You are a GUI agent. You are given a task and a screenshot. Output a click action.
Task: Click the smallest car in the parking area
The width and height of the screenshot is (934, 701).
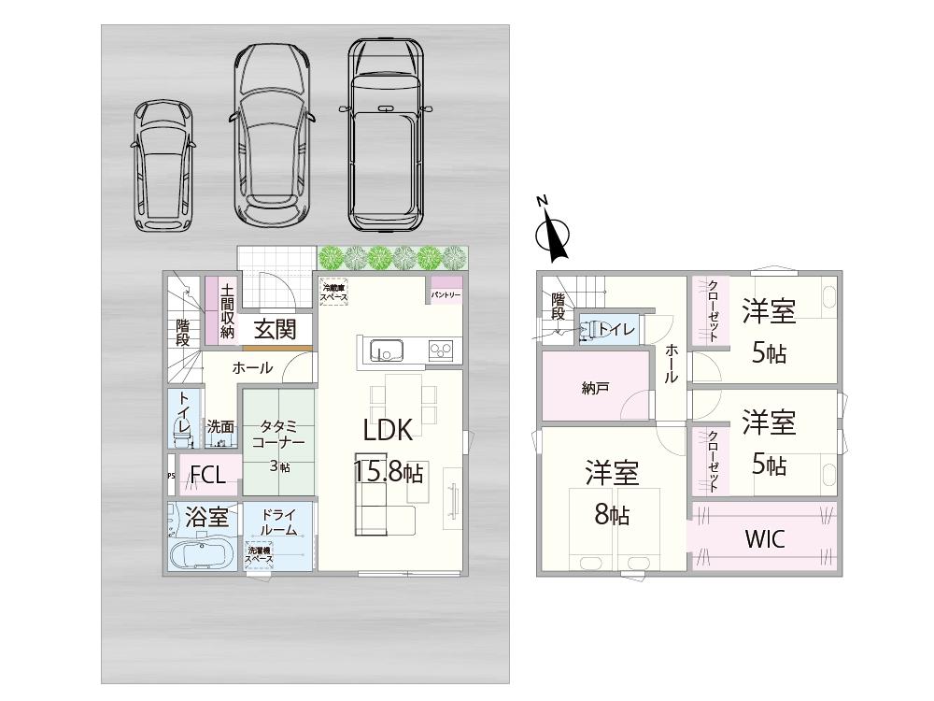(163, 165)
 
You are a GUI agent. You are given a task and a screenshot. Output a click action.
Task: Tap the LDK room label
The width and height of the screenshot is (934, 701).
(388, 430)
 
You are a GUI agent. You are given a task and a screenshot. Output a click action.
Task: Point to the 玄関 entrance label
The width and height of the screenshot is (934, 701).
(275, 329)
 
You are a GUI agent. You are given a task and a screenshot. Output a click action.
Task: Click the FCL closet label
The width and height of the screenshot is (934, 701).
(207, 475)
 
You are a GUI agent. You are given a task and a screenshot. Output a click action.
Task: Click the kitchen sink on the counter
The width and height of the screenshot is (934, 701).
(386, 350)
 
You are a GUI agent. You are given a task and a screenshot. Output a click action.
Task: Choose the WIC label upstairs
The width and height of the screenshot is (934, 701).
(764, 539)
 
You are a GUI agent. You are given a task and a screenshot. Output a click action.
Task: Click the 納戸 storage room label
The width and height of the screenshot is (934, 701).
(595, 387)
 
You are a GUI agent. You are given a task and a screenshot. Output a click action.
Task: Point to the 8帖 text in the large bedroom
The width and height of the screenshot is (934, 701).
(612, 515)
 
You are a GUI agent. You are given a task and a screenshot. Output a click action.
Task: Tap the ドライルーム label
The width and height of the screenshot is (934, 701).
(279, 522)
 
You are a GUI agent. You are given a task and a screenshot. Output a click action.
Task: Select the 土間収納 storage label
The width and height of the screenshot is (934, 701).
(227, 311)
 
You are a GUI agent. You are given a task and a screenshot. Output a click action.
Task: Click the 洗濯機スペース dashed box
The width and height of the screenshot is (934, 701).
(260, 555)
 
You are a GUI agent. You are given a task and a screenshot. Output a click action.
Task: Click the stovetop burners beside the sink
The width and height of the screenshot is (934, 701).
(441, 350)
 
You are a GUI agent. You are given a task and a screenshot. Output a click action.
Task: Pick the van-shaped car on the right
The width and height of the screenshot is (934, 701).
(385, 136)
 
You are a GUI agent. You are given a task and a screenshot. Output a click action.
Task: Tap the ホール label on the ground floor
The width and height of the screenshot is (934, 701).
(252, 368)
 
